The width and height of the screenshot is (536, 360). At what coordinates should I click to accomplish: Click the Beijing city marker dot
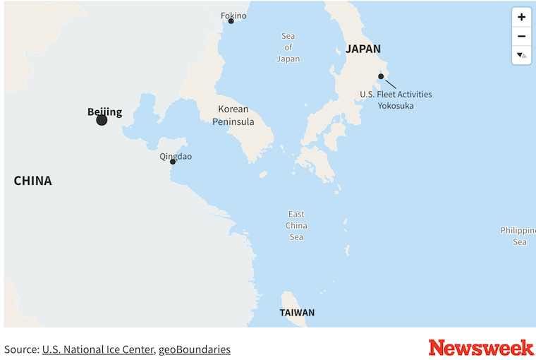(102, 120)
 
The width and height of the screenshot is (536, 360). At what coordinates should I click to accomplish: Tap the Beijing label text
(104, 112)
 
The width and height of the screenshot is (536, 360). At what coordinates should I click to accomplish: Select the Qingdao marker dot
(173, 162)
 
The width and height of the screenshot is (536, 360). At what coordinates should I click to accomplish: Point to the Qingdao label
(176, 156)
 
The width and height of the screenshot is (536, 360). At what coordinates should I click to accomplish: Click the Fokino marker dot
(231, 21)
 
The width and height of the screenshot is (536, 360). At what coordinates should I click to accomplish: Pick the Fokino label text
(233, 15)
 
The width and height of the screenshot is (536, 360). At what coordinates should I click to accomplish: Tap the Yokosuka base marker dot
(381, 76)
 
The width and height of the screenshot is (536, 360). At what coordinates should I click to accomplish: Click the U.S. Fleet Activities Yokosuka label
(396, 100)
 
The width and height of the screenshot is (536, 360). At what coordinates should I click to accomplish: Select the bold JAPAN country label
(363, 49)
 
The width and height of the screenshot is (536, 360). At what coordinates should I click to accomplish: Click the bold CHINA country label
(32, 181)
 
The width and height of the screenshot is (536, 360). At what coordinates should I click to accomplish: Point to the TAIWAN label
(297, 312)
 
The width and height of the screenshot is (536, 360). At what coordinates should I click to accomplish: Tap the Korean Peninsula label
(233, 115)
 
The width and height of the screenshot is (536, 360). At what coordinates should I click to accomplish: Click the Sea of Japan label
(288, 47)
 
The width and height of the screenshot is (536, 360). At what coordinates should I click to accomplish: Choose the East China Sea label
(296, 225)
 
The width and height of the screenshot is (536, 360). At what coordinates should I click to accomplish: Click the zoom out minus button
(521, 36)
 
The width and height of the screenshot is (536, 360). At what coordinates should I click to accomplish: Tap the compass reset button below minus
(521, 54)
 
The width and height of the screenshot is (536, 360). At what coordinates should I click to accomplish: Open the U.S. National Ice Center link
(97, 349)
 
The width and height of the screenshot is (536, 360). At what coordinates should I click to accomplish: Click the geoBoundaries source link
(194, 349)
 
